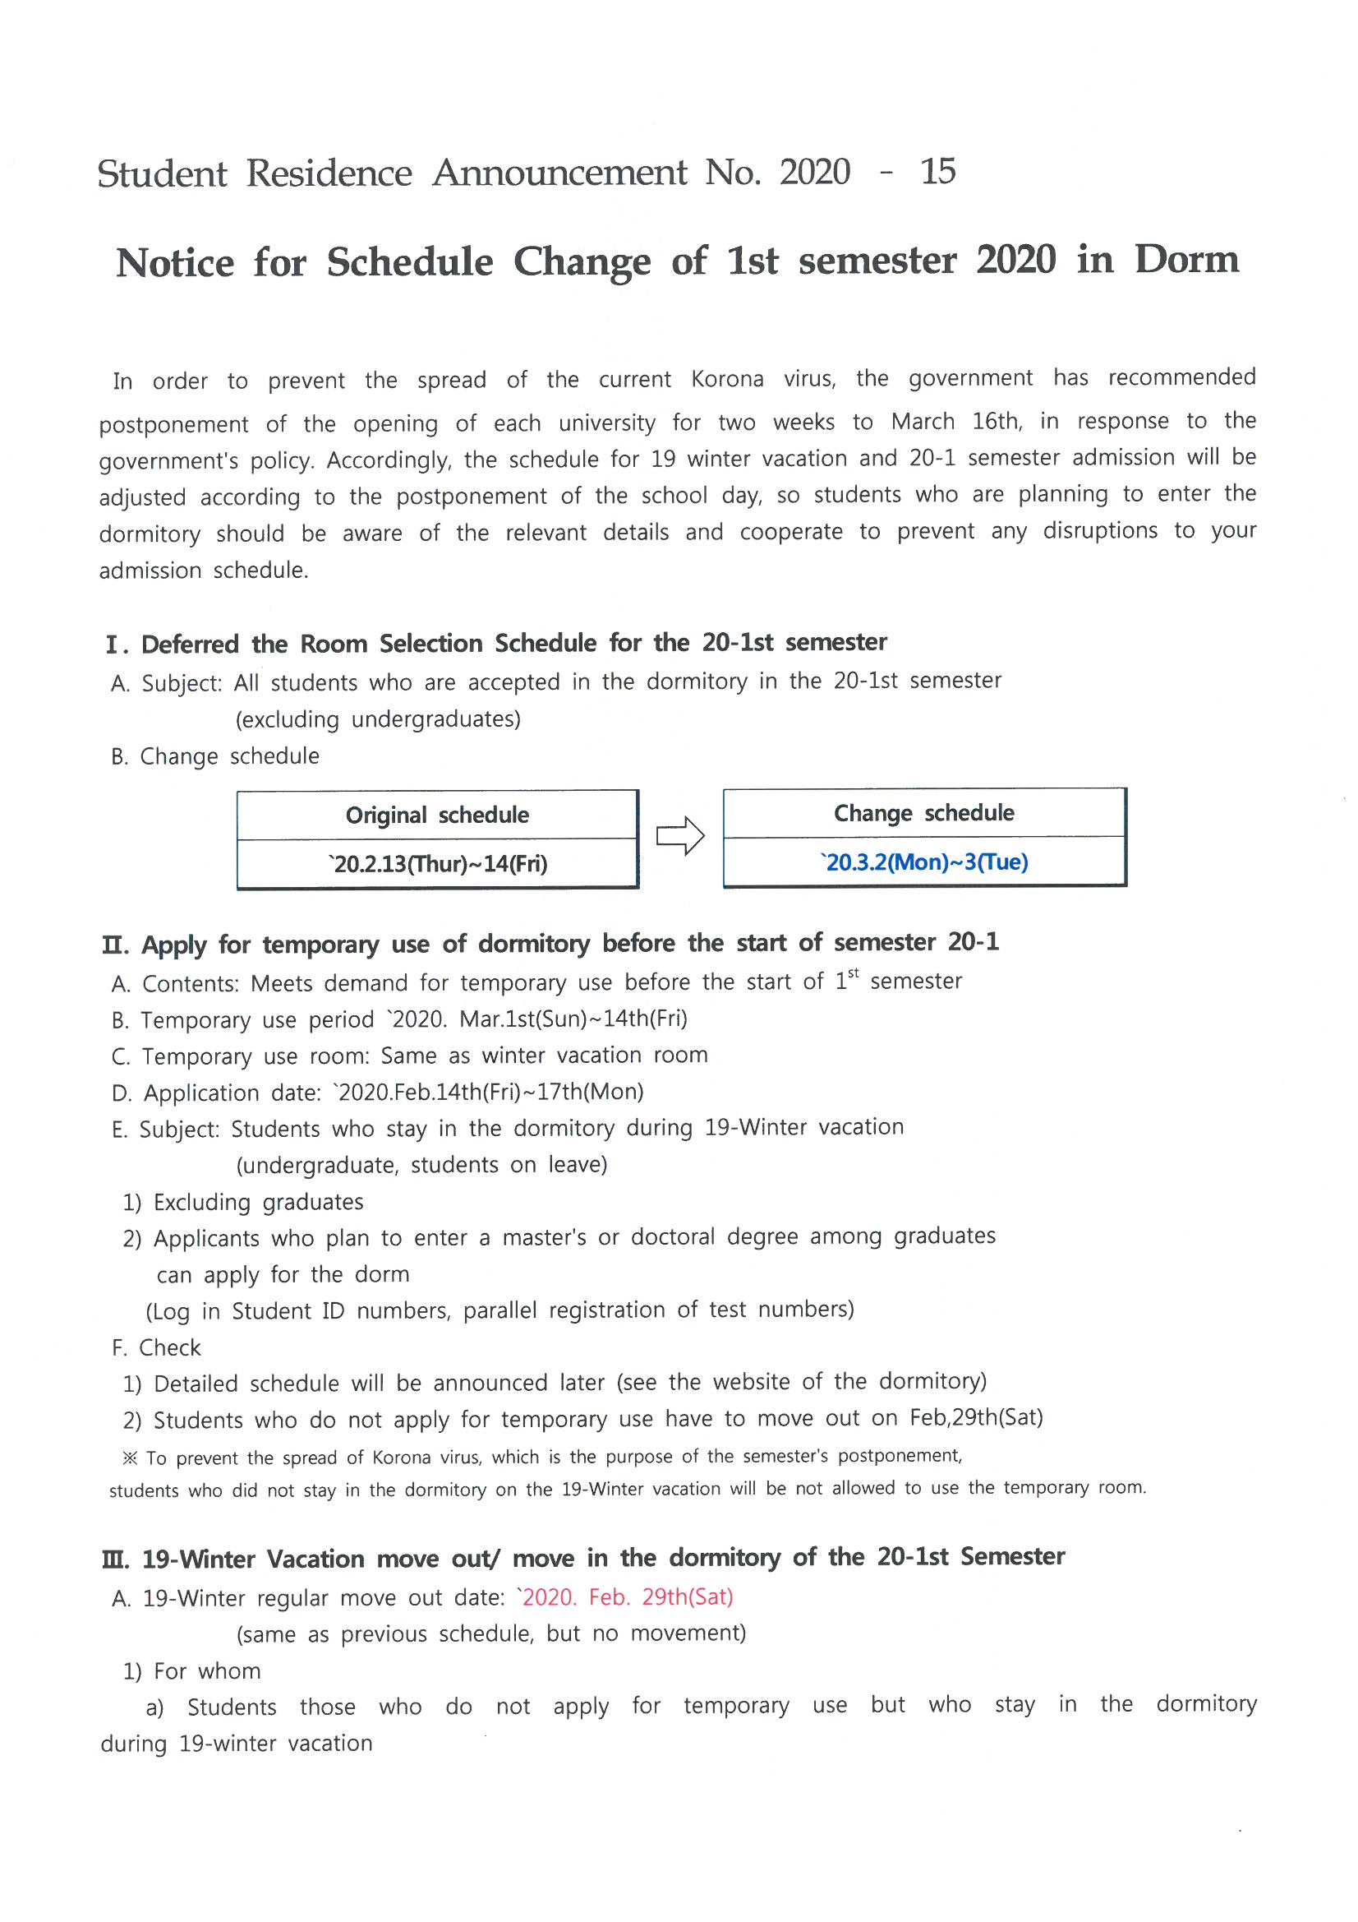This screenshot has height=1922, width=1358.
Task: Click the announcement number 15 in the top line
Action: (x=937, y=172)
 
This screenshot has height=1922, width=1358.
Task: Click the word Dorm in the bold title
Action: (x=1185, y=260)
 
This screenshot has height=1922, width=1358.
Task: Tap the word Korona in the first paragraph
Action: (x=726, y=379)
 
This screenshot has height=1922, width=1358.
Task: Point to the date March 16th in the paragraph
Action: (x=955, y=421)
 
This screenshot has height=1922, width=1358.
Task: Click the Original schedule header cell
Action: (x=437, y=815)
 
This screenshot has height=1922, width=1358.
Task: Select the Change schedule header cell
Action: (x=923, y=813)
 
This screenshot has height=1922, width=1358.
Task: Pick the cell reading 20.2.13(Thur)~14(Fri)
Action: (x=437, y=864)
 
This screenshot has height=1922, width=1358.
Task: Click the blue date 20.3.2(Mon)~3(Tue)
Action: (x=923, y=862)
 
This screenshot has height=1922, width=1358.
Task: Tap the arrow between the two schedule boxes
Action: (x=680, y=835)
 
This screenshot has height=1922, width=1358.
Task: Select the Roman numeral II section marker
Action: (x=115, y=946)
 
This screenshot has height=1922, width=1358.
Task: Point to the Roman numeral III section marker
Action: (x=115, y=1559)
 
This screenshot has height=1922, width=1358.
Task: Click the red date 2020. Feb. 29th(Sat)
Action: (x=626, y=1597)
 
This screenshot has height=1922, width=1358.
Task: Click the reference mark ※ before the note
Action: (x=130, y=1458)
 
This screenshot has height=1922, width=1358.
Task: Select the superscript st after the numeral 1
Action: (x=854, y=973)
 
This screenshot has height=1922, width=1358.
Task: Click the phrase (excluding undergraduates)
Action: (x=377, y=720)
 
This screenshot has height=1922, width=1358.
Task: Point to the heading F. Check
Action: (x=156, y=1347)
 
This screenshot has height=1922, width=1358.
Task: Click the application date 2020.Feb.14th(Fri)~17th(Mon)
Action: (x=489, y=1093)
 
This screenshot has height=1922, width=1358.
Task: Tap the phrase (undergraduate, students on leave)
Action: (x=421, y=1165)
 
